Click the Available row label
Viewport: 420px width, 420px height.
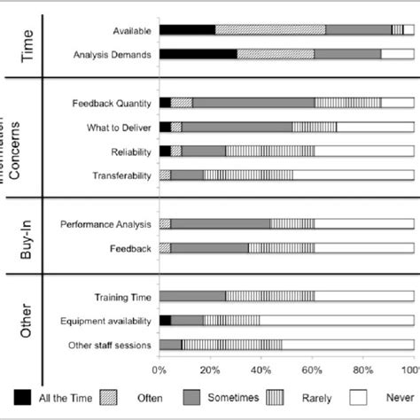coord(132,30)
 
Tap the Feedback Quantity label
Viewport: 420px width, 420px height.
coord(111,103)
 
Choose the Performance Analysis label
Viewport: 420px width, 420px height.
coord(105,224)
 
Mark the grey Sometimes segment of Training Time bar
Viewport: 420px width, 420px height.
coord(192,296)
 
